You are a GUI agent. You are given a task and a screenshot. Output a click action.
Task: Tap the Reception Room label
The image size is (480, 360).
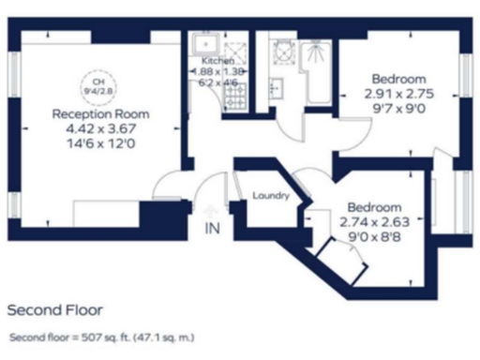pyautogui.click(x=100, y=114)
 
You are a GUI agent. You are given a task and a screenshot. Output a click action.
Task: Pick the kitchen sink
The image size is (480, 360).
pyautogui.click(x=202, y=45)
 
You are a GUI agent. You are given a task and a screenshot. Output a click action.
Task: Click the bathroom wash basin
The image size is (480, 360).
pyautogui.click(x=276, y=88)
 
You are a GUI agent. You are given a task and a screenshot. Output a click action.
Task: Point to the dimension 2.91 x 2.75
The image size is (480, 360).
pyautogui.click(x=398, y=95)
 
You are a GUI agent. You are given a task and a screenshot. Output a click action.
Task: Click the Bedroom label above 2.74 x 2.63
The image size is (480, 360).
pyautogui.click(x=374, y=207)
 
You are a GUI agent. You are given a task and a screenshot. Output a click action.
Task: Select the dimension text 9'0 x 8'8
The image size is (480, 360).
pyautogui.click(x=374, y=238)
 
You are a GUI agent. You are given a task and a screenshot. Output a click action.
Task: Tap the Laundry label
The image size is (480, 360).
pyautogui.click(x=270, y=196)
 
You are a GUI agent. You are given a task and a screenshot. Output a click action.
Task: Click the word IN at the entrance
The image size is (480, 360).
pyautogui.click(x=211, y=228)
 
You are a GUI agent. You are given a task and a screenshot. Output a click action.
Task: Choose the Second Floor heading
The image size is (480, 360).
pyautogui.click(x=54, y=308)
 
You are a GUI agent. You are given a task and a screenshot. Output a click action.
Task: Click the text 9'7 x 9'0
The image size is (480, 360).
pyautogui.click(x=398, y=110)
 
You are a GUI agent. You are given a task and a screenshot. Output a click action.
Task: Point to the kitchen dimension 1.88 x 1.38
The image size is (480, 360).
pyautogui.click(x=217, y=71)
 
